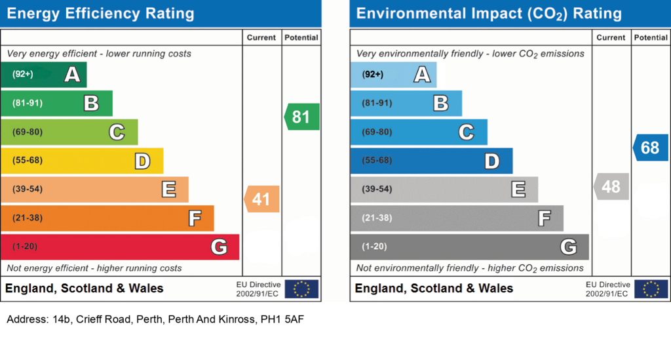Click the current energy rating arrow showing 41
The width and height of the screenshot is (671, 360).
(262, 199)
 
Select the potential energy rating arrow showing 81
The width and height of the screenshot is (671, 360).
(302, 117)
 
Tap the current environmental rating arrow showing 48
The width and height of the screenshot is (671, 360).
(611, 187)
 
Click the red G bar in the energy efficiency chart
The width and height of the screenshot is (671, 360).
(119, 247)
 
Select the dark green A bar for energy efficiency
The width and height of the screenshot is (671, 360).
(43, 74)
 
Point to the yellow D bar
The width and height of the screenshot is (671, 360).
(81, 161)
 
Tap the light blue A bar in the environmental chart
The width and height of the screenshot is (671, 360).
(393, 75)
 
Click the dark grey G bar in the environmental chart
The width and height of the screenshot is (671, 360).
(469, 247)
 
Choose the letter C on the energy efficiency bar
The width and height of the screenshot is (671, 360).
(117, 132)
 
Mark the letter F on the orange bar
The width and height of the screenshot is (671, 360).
(195, 218)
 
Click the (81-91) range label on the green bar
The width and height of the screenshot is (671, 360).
(27, 103)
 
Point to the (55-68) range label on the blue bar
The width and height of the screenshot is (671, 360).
(377, 161)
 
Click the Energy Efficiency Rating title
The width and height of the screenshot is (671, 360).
(100, 13)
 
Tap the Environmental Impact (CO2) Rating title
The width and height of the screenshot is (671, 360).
(489, 13)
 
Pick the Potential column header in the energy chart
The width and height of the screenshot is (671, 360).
(301, 38)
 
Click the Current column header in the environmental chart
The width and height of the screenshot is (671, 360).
(611, 38)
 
